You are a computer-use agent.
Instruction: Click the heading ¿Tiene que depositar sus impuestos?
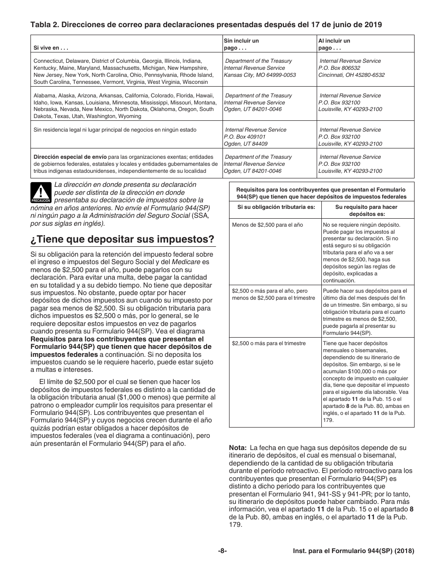pyautogui.click(x=122, y=239)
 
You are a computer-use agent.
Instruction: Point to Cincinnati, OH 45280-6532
pyautogui.click(x=351, y=75)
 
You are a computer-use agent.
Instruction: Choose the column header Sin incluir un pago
pyautogui.click(x=241, y=44)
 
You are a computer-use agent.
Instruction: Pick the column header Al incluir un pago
pyautogui.click(x=334, y=44)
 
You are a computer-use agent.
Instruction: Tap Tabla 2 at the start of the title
pyautogui.click(x=44, y=25)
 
